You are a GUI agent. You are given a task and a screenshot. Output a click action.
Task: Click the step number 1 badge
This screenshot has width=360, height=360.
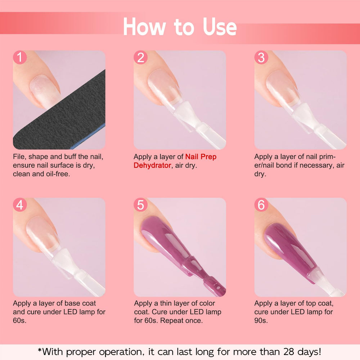coord(20,57)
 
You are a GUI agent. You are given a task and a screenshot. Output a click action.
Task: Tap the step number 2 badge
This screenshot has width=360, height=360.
coord(140,57)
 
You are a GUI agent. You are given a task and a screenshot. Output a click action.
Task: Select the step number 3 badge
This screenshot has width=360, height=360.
coord(261,57)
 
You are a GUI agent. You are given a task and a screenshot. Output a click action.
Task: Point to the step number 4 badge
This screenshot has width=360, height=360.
coord(20,205)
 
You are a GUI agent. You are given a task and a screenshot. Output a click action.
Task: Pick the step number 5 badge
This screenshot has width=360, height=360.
coord(140,205)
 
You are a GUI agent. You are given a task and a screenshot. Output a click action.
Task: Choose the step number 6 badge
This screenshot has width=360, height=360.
coord(261,205)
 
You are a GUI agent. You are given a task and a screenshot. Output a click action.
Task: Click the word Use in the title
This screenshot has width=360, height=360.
coord(220,27)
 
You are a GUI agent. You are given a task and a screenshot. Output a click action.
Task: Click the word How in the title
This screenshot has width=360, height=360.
coord(144,27)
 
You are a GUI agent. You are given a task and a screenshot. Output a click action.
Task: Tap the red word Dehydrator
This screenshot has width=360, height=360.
coord(152,165)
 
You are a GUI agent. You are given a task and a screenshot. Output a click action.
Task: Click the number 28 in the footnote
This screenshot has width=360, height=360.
coord(289,352)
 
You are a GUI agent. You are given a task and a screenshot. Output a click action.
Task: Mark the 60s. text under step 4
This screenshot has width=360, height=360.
coord(19,320)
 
